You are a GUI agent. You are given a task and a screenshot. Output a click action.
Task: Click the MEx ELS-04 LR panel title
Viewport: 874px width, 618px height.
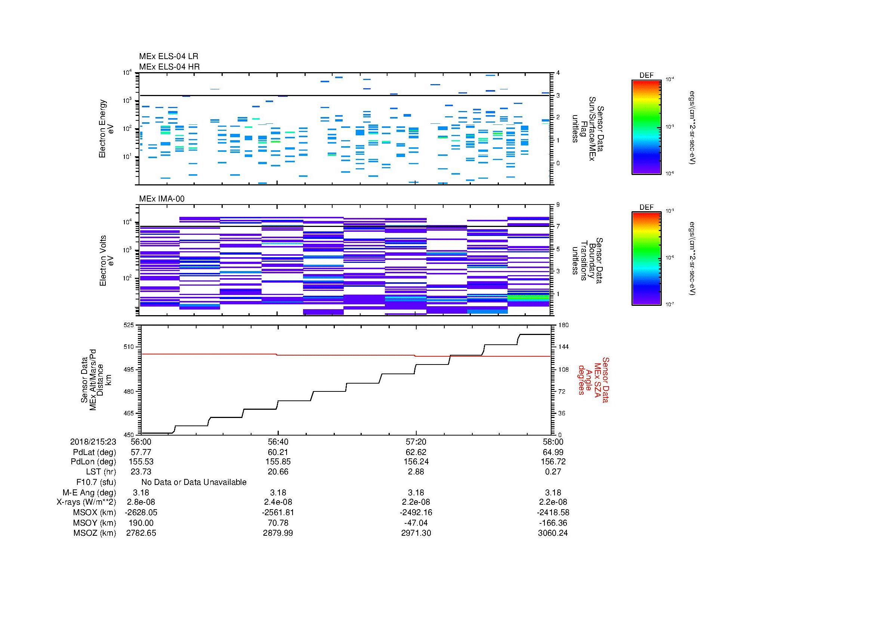[x=169, y=56]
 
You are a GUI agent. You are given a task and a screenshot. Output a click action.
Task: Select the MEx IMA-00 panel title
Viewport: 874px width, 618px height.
[x=162, y=199]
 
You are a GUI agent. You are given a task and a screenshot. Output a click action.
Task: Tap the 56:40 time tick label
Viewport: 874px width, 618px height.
[x=278, y=442]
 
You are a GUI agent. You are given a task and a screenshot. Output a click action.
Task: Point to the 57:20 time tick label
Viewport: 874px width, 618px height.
[x=416, y=442]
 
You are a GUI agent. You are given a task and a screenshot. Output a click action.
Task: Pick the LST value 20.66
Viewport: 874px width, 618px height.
[x=278, y=472]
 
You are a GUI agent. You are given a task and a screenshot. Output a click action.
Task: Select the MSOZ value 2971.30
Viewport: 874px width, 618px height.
[x=416, y=533]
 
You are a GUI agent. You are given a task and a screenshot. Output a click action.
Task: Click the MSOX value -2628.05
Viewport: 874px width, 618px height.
[x=141, y=513]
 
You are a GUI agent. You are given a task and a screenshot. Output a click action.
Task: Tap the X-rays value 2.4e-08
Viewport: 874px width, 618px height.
[x=278, y=502]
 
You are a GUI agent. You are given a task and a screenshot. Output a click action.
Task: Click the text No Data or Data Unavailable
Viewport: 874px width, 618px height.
[x=194, y=482]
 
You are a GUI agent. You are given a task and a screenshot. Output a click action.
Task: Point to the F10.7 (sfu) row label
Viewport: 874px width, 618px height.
[x=96, y=482]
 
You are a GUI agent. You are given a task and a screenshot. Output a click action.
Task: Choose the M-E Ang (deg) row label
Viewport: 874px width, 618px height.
[x=89, y=492]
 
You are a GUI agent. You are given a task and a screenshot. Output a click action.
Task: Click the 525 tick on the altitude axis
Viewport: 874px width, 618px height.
[x=129, y=325]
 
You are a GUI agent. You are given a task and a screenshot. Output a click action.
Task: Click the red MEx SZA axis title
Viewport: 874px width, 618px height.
[x=593, y=379]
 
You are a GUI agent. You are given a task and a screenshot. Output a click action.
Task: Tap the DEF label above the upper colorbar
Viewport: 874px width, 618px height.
[x=646, y=76]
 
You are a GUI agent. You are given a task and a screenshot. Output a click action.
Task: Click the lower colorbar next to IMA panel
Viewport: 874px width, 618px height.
[x=646, y=259]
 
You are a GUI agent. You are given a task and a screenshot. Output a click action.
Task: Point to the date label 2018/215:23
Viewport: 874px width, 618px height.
[x=93, y=442]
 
